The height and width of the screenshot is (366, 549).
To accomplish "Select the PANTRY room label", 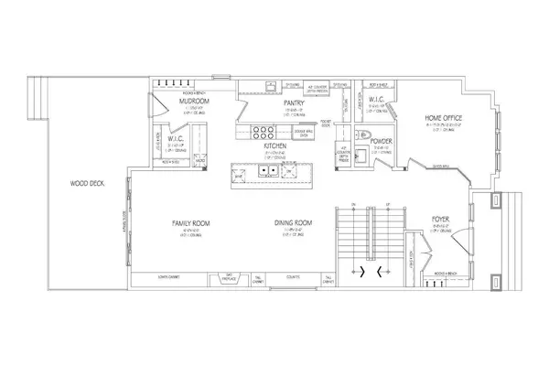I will tap(293, 103).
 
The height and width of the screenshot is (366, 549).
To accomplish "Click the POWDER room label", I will tap(382, 142).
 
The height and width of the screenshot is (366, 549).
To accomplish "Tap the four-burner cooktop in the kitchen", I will tap(257, 131).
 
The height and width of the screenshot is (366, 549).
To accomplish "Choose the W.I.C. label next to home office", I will tap(380, 105).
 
